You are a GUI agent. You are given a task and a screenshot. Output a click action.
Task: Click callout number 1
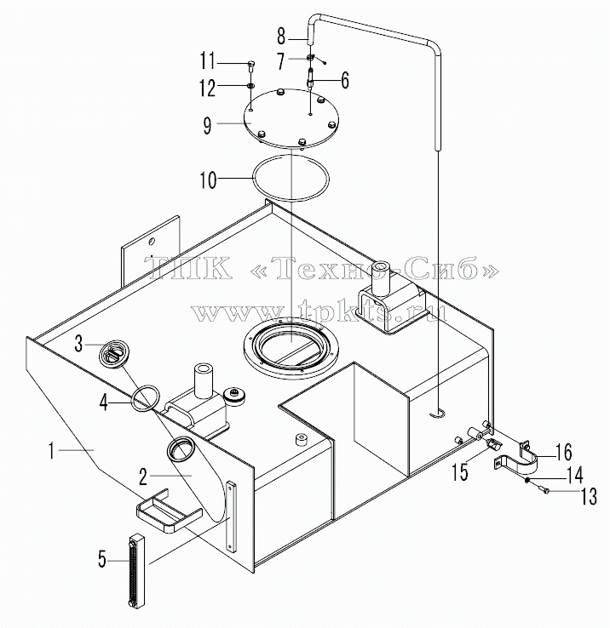point(51,450)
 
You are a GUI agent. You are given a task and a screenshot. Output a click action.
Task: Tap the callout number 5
point(103,559)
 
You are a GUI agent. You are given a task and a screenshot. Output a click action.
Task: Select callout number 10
point(209,180)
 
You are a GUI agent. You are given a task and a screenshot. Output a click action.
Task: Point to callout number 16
point(564,452)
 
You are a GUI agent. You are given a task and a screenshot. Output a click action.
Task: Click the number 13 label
point(589,495)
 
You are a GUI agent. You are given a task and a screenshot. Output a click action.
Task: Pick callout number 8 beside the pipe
point(281,36)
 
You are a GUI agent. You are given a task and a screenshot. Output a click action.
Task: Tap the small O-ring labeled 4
point(146,398)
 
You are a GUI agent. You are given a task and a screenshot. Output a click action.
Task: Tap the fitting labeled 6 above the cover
point(311,79)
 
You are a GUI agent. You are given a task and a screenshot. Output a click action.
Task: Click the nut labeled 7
point(310,57)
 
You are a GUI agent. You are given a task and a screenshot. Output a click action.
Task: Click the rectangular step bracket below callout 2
point(169,510)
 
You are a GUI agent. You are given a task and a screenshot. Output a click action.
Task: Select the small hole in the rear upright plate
point(151,241)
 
